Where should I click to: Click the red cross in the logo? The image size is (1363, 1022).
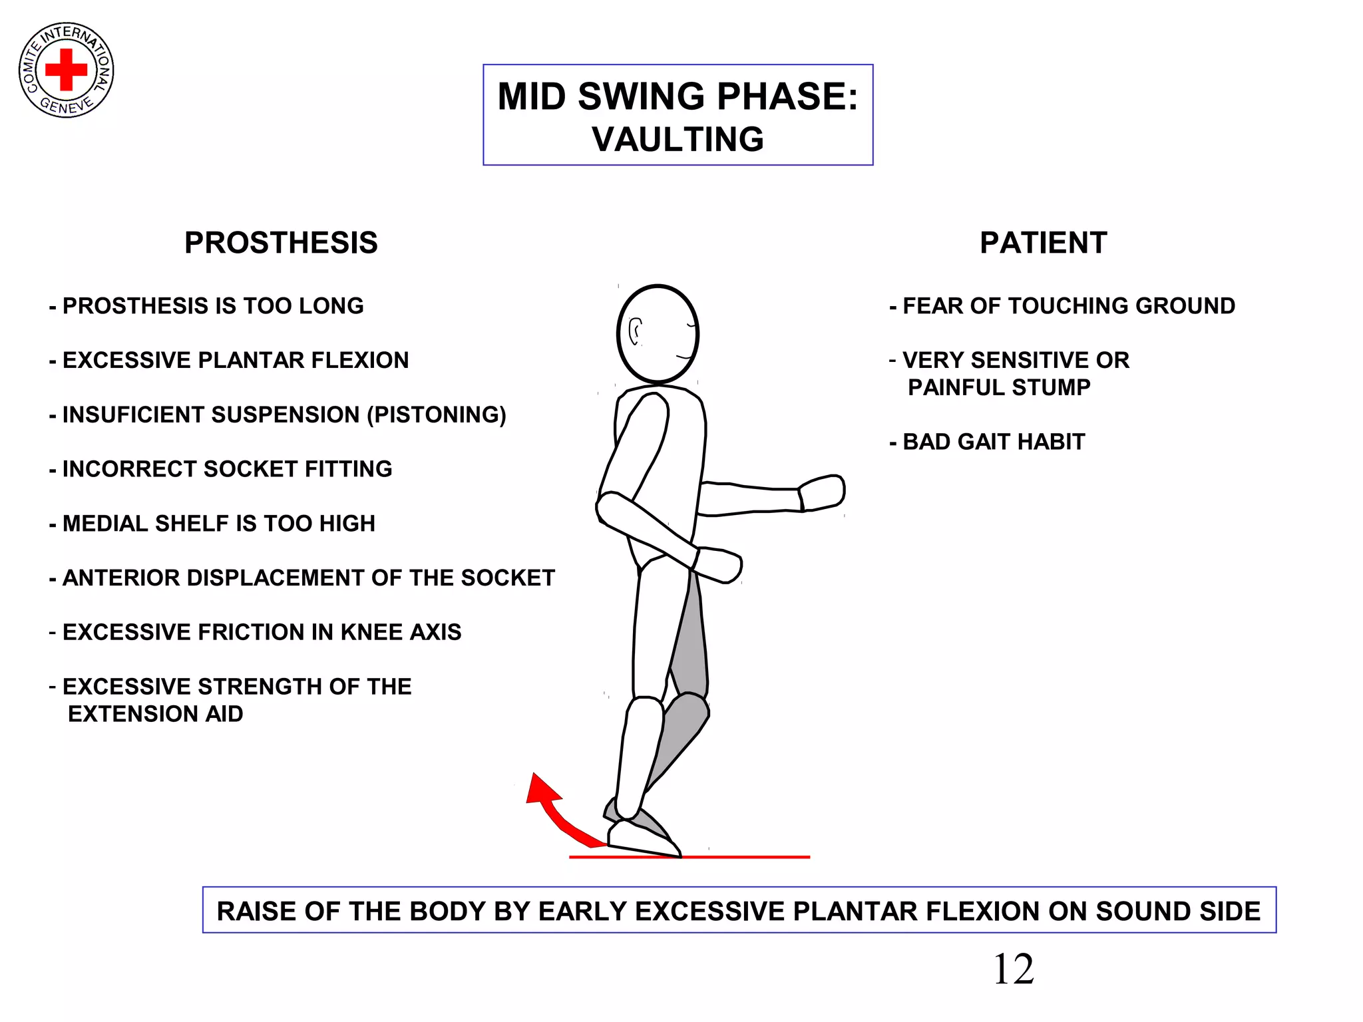[66, 69]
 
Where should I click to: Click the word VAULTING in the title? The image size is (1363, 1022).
[678, 140]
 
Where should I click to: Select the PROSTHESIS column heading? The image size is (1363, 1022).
[281, 243]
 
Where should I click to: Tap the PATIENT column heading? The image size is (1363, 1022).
[1043, 243]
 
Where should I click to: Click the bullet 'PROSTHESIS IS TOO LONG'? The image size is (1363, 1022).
[213, 306]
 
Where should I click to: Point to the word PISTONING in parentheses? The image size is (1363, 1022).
[437, 415]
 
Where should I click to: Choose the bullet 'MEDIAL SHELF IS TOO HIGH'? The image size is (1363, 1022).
[218, 524]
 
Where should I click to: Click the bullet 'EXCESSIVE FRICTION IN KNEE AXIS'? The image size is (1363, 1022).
[262, 632]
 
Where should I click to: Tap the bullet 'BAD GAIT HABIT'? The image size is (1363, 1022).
[994, 442]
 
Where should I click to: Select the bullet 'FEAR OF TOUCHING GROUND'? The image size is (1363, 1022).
[1068, 306]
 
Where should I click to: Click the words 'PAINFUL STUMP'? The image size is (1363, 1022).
[999, 387]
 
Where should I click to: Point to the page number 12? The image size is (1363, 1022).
[1013, 969]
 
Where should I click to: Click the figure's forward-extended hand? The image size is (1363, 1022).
[823, 493]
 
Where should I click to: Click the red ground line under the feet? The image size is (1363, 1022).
[745, 857]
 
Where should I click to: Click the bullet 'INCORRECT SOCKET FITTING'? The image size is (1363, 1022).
[227, 469]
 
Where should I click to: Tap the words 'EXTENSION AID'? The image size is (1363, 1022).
[156, 714]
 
